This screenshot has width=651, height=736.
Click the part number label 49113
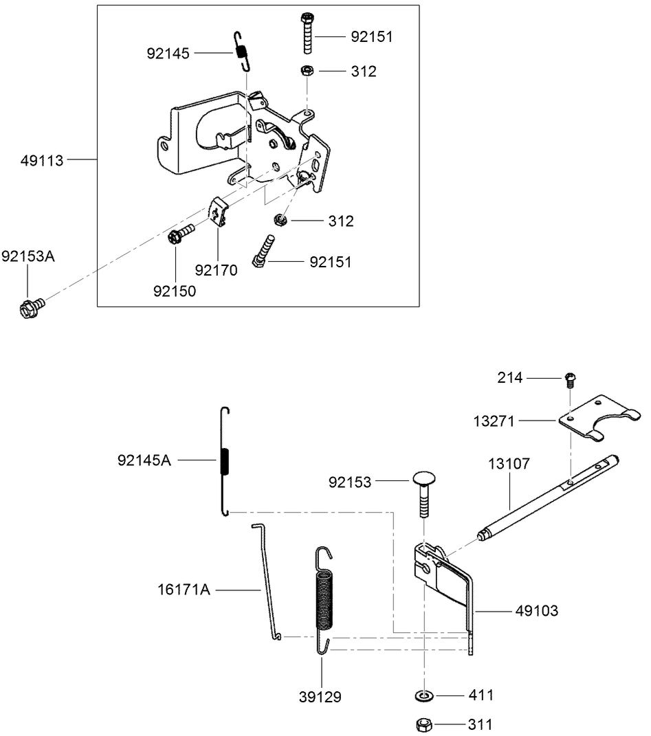coord(42,161)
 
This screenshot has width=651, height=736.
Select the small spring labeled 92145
coord(241,52)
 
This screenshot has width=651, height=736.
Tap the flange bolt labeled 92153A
coord(30,309)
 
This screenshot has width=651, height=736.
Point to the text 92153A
coord(27,256)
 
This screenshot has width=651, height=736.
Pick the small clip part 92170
coord(218,210)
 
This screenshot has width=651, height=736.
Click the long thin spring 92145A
coord(223,460)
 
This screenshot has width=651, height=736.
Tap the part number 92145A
coord(144,460)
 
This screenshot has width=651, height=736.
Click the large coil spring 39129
coord(324,598)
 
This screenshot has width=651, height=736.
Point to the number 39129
coord(321,698)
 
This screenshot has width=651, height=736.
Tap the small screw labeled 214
coord(570,377)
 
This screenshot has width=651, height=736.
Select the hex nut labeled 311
coord(425,724)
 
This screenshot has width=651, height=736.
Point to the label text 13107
coord(509,464)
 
